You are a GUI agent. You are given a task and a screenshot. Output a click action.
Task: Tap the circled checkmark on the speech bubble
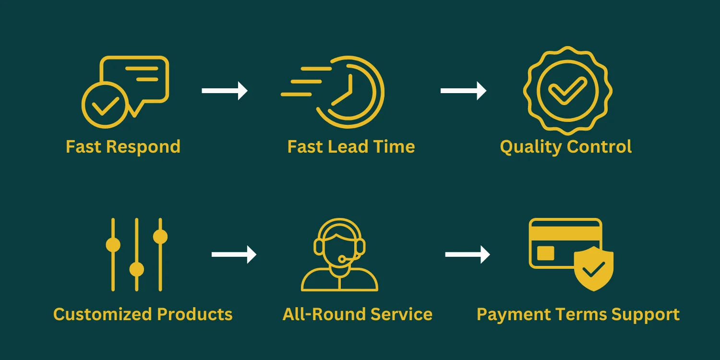point(105,105)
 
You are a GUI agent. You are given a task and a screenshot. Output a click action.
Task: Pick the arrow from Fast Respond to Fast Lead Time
point(224,91)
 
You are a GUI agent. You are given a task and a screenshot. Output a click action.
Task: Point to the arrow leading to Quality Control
point(463,91)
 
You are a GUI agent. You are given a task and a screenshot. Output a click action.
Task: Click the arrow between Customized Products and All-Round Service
point(234,254)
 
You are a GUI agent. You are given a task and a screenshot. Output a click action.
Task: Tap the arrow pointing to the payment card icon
point(468,254)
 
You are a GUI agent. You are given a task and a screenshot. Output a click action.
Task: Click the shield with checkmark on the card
point(594,268)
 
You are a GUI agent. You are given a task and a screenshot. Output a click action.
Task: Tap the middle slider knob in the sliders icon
point(137,269)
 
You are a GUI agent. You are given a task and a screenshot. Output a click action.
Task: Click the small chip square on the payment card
point(546,253)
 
